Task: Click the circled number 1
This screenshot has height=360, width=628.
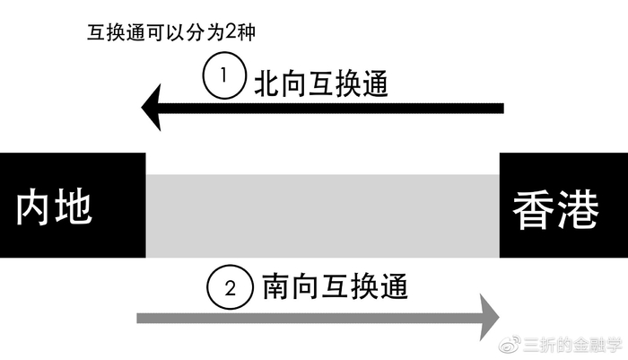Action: (x=224, y=77)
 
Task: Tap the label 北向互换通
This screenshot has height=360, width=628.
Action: (x=325, y=83)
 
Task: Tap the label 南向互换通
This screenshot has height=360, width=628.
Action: (x=335, y=288)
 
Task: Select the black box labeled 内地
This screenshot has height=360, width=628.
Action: (x=72, y=206)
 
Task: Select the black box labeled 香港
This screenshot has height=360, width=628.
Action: (x=563, y=206)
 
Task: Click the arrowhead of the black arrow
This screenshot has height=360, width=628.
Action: (x=154, y=109)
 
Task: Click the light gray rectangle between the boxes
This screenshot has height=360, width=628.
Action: (x=321, y=216)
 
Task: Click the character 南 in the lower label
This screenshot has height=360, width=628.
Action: (x=275, y=288)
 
